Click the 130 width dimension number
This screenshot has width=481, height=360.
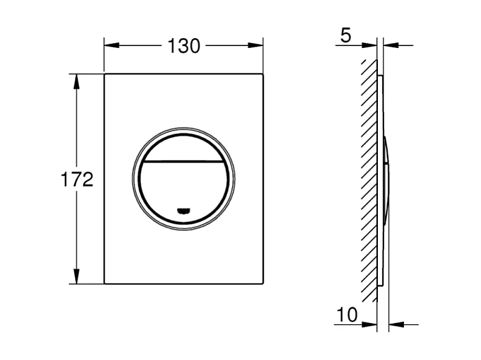[x=184, y=45]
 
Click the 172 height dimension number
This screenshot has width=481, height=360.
[x=77, y=179]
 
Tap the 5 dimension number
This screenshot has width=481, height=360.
[x=345, y=36]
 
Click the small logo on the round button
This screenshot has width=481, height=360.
[x=183, y=211]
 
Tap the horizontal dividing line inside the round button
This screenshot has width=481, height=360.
[x=183, y=162]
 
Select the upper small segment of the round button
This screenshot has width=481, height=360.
[x=183, y=148]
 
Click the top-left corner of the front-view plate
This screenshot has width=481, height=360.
[x=105, y=75]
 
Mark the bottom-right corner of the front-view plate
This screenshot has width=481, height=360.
[x=262, y=283]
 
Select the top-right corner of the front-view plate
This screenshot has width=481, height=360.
[x=262, y=75]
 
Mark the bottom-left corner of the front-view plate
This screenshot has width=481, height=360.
[x=105, y=283]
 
